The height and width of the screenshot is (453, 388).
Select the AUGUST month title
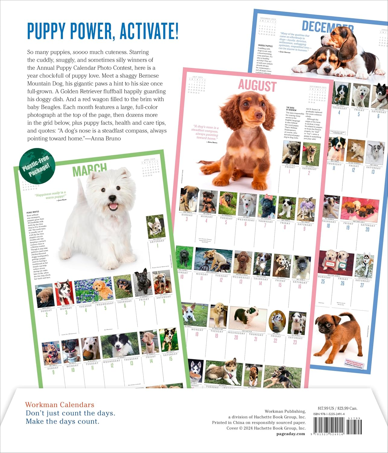pos(257,86)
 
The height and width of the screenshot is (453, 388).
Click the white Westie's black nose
pos(113,198)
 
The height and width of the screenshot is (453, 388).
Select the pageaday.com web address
pos(291,434)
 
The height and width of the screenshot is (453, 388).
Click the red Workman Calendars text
pos(60,405)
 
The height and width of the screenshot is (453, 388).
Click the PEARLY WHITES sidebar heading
pos(33,212)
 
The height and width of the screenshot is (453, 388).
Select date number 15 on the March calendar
pos(171,358)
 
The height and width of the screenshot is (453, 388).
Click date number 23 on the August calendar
pos(295,342)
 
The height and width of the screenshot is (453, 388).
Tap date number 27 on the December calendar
pos(362,285)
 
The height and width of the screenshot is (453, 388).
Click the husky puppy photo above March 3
pos(64,292)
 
